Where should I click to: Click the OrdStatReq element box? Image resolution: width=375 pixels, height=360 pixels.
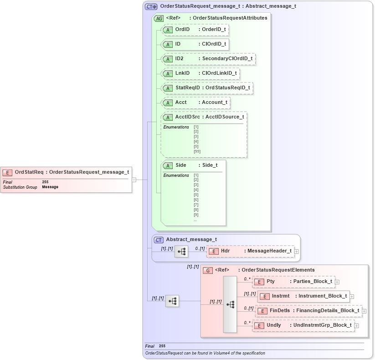tap(67, 172)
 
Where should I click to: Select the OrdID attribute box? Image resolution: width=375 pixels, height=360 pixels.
tap(195, 30)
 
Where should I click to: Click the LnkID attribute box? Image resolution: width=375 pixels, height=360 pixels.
tap(200, 73)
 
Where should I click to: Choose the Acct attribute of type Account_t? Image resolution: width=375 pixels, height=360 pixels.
tap(196, 102)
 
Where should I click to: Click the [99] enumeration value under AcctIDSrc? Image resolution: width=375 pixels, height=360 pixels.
tap(197, 151)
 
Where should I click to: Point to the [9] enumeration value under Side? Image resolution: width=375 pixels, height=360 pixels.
tap(196, 215)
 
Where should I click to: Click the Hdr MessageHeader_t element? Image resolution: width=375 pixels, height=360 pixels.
tap(251, 251)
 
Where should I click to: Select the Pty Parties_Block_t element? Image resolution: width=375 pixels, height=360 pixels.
tap(294, 282)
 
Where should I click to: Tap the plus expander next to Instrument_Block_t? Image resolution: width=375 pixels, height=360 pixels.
tap(352, 297)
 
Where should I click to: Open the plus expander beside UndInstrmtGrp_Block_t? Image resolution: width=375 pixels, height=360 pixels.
tap(356, 325)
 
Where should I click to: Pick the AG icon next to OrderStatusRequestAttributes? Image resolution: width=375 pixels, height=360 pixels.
tap(159, 19)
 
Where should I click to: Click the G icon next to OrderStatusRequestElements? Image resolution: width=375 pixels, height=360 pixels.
tap(207, 270)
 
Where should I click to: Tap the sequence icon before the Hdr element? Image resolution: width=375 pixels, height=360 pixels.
tap(181, 251)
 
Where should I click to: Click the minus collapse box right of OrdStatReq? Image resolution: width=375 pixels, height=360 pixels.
tap(134, 180)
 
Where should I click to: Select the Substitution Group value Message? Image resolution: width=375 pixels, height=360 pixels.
tap(50, 187)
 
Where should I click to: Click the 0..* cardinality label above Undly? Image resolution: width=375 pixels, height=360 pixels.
tap(247, 322)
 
